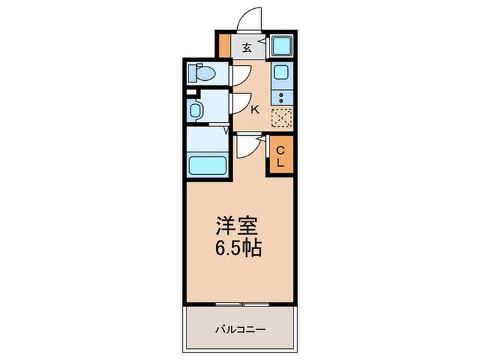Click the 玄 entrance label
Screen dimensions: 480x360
[247, 48]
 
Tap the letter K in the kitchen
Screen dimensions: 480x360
[254, 109]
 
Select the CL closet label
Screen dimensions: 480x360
[280, 156]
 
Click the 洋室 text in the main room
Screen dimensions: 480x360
[237, 226]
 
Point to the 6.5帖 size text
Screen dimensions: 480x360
[239, 248]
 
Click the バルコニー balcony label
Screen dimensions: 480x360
[240, 330]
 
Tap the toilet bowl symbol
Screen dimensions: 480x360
[202, 73]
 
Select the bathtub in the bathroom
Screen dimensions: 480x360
[208, 165]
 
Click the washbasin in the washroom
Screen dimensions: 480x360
[195, 110]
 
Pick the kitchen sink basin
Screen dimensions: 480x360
[281, 72]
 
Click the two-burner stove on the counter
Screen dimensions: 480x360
[282, 98]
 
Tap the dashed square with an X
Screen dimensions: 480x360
[282, 118]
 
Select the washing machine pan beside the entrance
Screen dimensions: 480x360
[281, 46]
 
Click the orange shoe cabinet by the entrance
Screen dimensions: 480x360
[225, 45]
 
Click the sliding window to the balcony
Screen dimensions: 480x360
[242, 304]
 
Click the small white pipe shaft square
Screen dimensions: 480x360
[191, 92]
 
